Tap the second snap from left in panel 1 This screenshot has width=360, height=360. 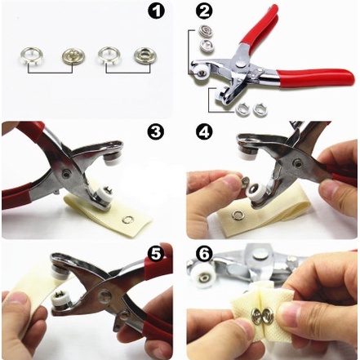click(71, 56)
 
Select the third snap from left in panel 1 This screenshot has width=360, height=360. click(107, 55)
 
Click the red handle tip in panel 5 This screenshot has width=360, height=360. click(160, 260)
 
